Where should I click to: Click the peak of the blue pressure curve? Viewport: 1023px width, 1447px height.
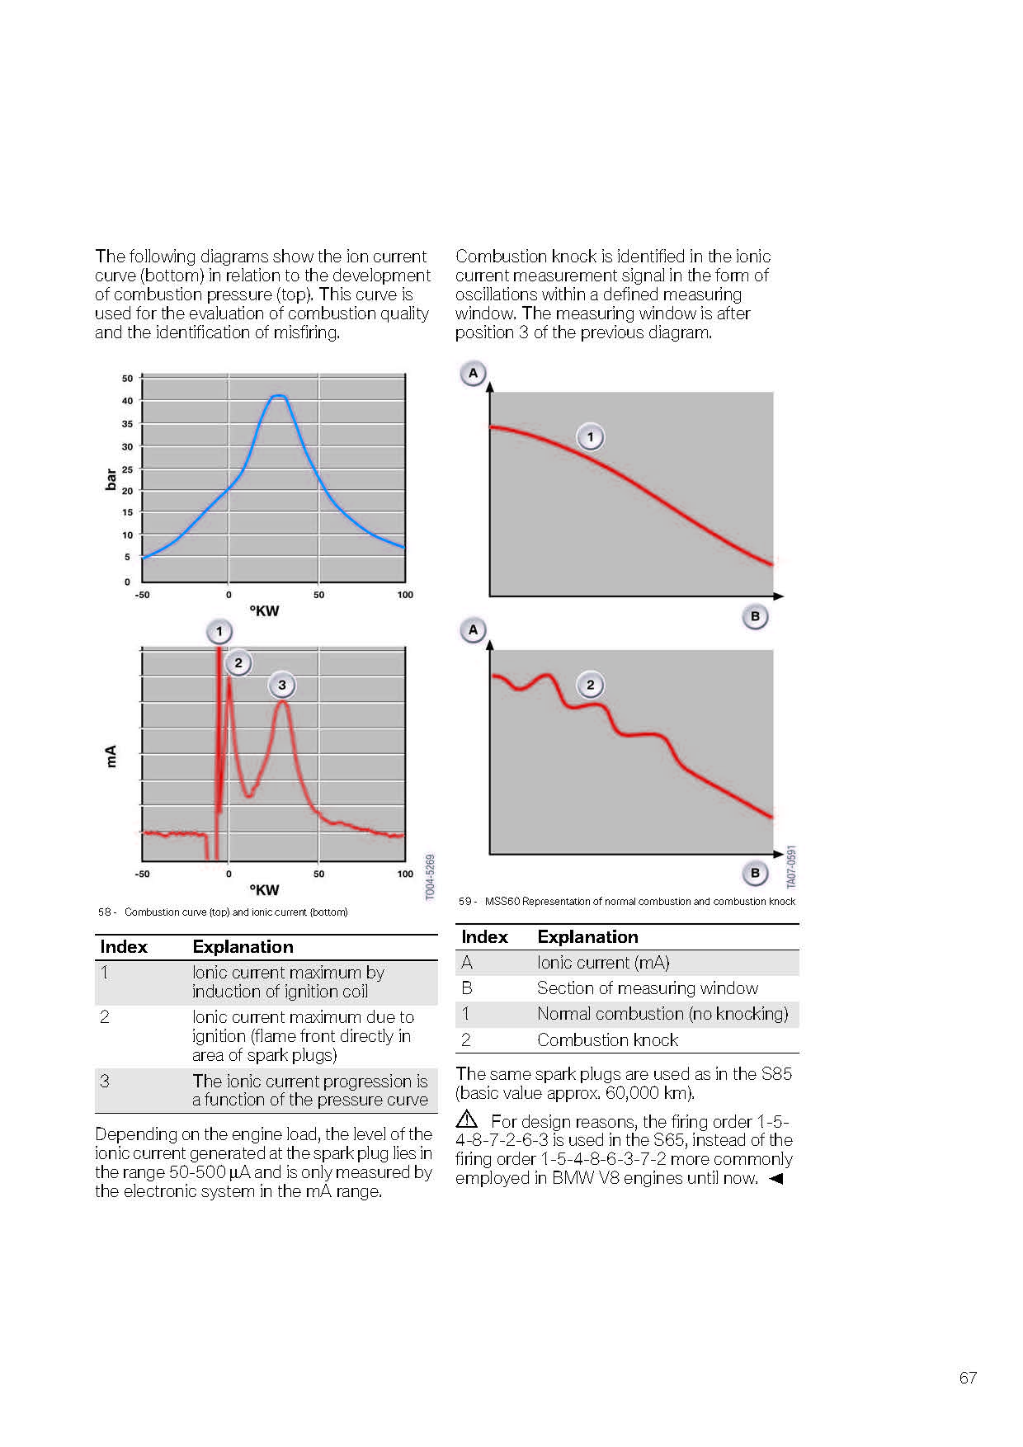click(x=279, y=396)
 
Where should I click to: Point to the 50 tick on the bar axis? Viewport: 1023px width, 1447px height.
click(x=127, y=379)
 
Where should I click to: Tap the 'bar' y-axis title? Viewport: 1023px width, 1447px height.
click(x=111, y=479)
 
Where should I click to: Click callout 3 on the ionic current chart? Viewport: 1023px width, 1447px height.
click(x=282, y=685)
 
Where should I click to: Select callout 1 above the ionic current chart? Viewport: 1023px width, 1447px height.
click(x=219, y=632)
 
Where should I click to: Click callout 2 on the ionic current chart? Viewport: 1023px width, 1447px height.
click(x=238, y=662)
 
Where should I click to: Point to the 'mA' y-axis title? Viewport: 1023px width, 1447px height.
click(x=111, y=756)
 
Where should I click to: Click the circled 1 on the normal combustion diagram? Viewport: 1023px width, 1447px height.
click(x=590, y=436)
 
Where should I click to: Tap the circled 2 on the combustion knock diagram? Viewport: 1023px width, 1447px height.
click(x=590, y=685)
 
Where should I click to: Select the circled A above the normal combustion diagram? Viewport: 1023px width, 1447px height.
click(x=473, y=373)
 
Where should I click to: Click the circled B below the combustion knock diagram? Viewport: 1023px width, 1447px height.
click(x=755, y=873)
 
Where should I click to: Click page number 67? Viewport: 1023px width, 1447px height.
click(x=968, y=1378)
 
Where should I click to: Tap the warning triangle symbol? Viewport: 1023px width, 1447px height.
click(x=467, y=1119)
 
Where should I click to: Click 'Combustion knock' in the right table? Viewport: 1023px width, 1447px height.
click(x=607, y=1040)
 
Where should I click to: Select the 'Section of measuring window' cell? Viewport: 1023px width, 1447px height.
click(x=648, y=988)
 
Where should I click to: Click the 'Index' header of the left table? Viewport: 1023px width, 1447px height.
click(x=124, y=947)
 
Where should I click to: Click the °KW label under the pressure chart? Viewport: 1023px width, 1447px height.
click(x=264, y=611)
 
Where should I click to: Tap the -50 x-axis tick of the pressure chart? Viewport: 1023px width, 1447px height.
click(x=143, y=595)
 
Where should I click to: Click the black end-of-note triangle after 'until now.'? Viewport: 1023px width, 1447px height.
click(x=775, y=1178)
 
